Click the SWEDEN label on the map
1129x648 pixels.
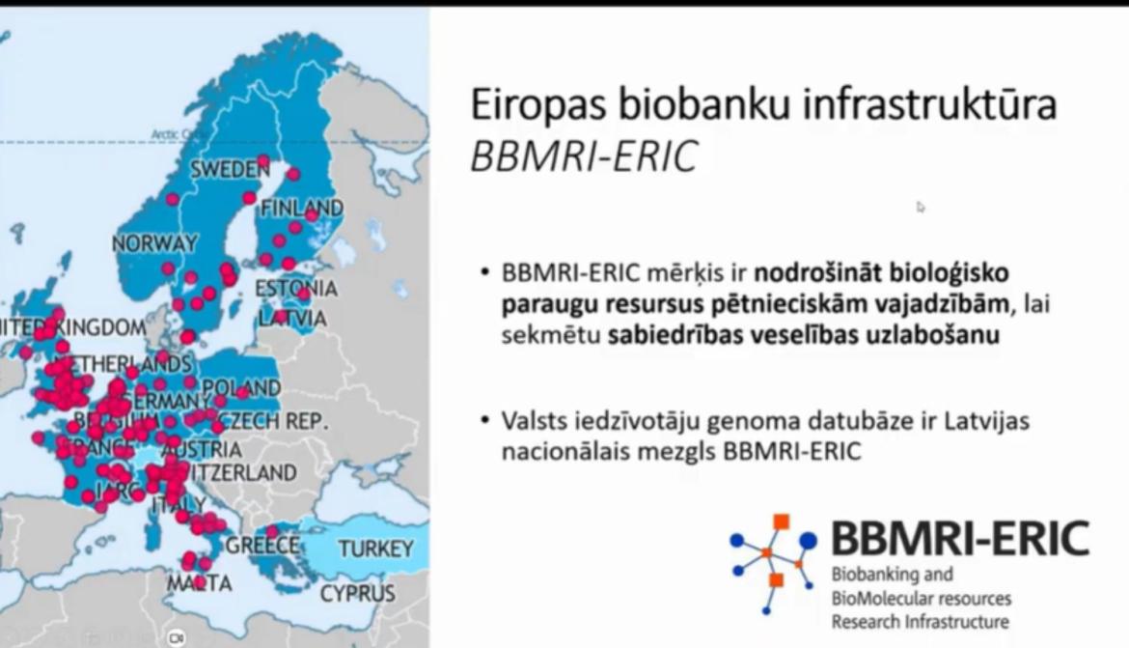click(229, 169)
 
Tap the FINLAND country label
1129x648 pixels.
click(301, 208)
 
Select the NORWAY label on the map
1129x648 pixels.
click(154, 243)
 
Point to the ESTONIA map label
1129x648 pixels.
click(295, 289)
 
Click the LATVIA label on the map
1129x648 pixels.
click(292, 318)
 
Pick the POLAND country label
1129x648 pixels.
click(241, 388)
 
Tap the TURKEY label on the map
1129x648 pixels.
click(375, 549)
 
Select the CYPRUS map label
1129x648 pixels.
click(357, 593)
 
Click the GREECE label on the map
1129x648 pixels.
click(262, 546)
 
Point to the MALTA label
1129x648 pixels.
click(199, 583)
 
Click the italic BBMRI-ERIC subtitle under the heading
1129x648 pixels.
click(583, 157)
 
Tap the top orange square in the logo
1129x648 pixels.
click(781, 522)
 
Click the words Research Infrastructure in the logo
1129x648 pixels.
click(920, 621)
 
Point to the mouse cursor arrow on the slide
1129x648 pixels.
click(921, 206)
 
